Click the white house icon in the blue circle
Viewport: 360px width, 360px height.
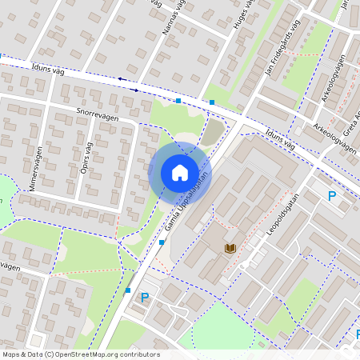[x=180, y=172]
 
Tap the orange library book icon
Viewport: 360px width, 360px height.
[x=231, y=250]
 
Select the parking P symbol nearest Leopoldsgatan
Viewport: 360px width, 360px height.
[x=332, y=196]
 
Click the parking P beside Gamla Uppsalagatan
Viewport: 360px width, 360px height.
[x=145, y=298]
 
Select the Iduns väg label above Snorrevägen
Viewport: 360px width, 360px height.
[x=47, y=70]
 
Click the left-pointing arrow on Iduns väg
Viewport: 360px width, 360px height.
[x=121, y=78]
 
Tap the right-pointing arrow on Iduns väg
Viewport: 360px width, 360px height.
[x=135, y=90]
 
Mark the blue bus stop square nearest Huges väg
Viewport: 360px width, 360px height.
[x=212, y=102]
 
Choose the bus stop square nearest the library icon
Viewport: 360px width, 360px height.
[x=162, y=242]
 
